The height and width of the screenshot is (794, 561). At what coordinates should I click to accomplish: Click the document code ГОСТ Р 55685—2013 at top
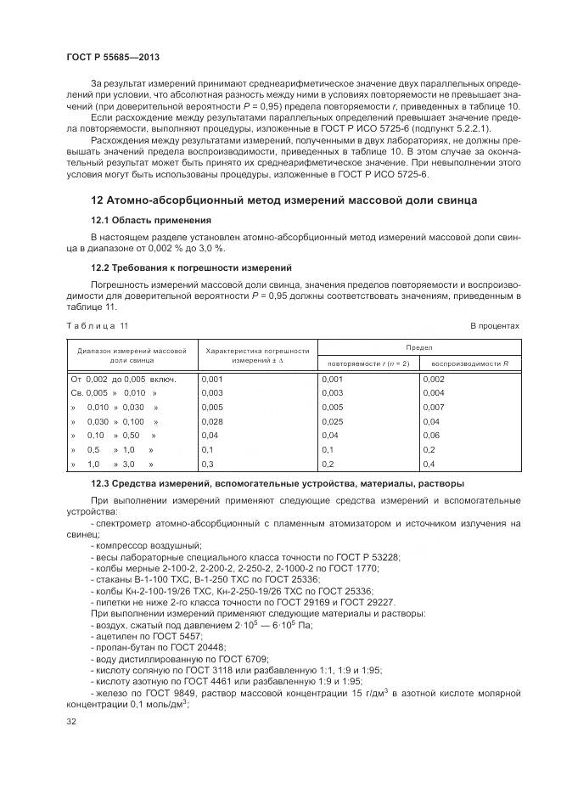click(x=113, y=56)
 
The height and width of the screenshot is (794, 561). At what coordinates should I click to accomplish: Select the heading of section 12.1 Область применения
click(x=146, y=220)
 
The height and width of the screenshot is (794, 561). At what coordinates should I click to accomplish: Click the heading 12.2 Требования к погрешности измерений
click(x=191, y=267)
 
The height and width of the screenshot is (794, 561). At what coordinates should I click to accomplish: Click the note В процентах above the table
click(x=495, y=326)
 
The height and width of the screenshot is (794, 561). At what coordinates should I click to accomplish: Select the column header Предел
click(x=418, y=347)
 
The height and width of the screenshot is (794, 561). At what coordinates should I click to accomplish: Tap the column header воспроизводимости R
click(x=470, y=363)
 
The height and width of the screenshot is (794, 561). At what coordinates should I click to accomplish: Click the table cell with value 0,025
click(x=334, y=422)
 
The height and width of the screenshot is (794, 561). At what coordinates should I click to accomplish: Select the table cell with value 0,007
click(x=434, y=408)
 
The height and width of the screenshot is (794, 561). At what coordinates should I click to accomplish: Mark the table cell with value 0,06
click(x=431, y=436)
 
